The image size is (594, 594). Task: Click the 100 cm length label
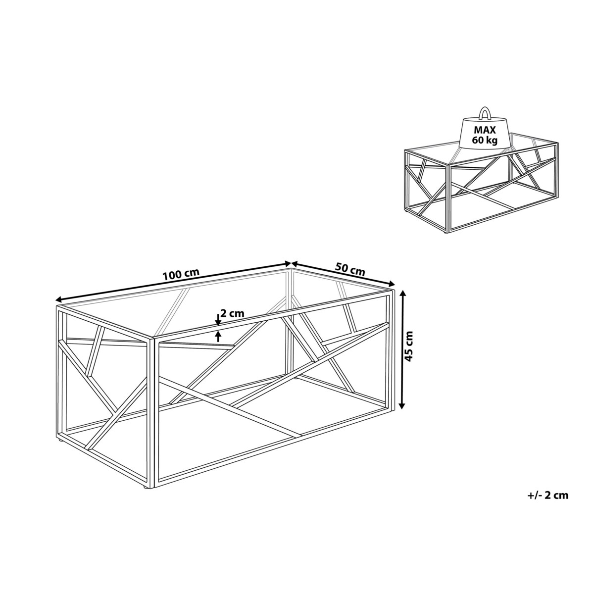182,274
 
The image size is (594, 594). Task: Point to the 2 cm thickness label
233,313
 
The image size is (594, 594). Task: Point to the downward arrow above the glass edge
218,320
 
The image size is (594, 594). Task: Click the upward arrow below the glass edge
219,336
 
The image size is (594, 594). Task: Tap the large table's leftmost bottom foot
60,442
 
